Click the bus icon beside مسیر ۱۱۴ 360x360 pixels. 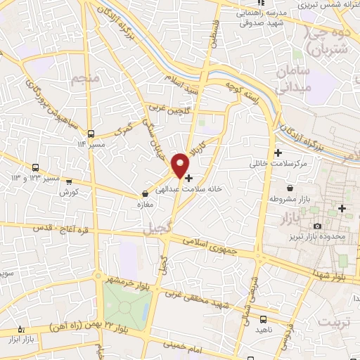[x=90, y=133]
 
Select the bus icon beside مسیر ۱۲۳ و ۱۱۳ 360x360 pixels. [x=35, y=167]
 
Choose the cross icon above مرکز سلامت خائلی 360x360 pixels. [x=278, y=153]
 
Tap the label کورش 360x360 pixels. [x=67, y=191]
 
